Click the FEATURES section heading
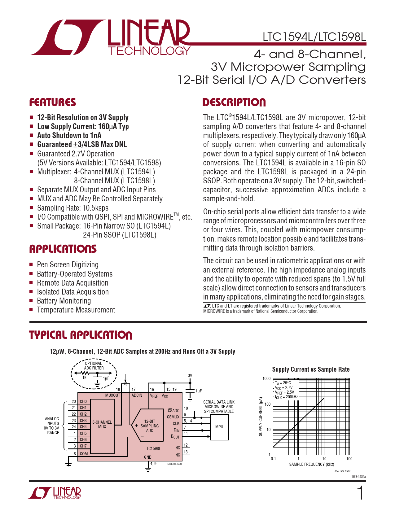point(52,103)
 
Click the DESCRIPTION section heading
point(234,103)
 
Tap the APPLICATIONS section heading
point(63,249)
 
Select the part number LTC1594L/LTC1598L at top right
point(314,37)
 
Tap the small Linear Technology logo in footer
point(55,493)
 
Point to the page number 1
point(360,493)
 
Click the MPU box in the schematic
point(219,427)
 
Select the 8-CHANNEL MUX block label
point(102,424)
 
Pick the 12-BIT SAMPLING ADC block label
point(150,426)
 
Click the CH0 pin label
point(83,401)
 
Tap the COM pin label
point(84,454)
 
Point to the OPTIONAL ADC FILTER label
point(94,366)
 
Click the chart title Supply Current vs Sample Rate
point(311,369)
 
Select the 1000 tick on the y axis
point(266,378)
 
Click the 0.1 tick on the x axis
point(273,459)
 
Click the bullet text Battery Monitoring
point(64,301)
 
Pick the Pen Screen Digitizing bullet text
point(68,264)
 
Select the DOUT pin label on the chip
point(175,437)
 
